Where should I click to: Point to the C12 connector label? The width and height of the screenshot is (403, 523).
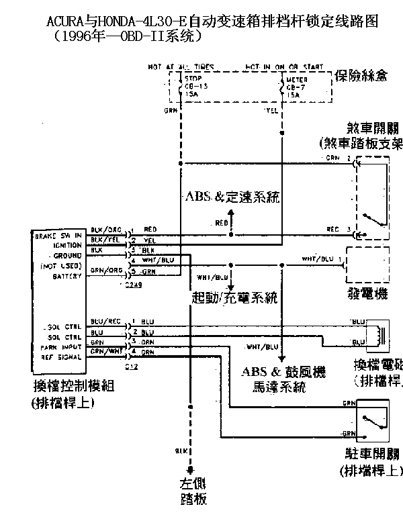click(131, 367)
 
